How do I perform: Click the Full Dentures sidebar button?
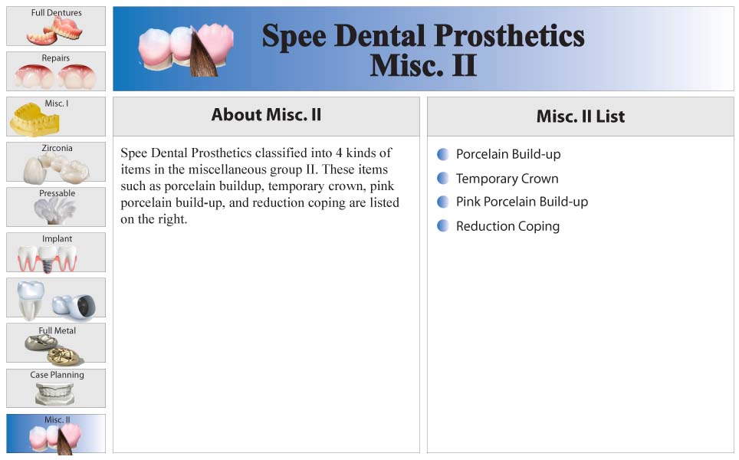point(56,26)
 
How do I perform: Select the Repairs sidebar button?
point(56,71)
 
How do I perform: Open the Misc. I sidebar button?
point(56,117)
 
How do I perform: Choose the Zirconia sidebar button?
point(56,162)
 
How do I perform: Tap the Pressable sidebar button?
point(56,207)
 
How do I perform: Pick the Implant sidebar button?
point(56,252)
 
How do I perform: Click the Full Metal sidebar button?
point(56,343)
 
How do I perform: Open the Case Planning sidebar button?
point(56,388)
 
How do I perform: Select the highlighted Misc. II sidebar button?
point(56,434)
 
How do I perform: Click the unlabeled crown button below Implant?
point(56,297)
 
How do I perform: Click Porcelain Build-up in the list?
point(508,155)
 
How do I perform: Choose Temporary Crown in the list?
point(507,179)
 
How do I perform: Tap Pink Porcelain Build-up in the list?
point(522,202)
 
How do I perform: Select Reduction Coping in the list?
point(507,226)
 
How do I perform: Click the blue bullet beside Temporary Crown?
point(442,178)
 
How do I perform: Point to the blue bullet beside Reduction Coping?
point(442,225)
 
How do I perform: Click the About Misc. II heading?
point(266,114)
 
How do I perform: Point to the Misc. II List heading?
point(580,117)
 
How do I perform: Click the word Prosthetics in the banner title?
point(509,37)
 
